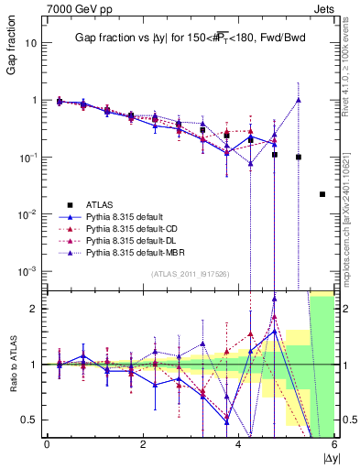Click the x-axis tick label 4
coord(239,445)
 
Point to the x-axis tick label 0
coord(47,445)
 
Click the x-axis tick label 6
coord(334,445)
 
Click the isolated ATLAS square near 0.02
coord(322,194)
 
